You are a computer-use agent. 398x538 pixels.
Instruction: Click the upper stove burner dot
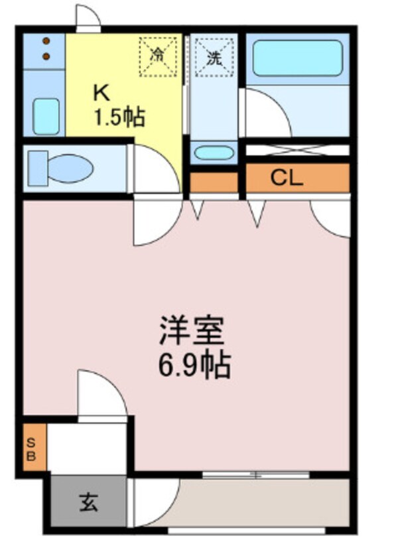pyautogui.click(x=46, y=41)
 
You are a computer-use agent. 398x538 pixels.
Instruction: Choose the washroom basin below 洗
pyautogui.click(x=214, y=153)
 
